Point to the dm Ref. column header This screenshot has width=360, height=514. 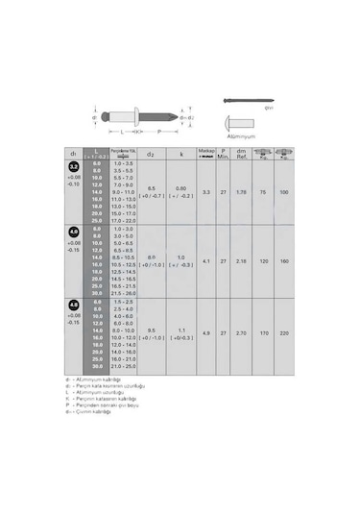tap(241, 154)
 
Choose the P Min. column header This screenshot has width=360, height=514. tap(223, 154)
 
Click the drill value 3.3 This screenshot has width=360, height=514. tap(206, 192)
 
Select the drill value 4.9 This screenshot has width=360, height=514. tap(206, 332)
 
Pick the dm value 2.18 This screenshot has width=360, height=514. tap(241, 261)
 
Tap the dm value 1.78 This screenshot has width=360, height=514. tap(241, 192)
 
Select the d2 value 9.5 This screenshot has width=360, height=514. tap(152, 329)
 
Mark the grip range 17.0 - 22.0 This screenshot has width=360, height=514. tap(123, 220)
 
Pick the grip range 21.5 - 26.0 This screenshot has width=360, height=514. tap(123, 292)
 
